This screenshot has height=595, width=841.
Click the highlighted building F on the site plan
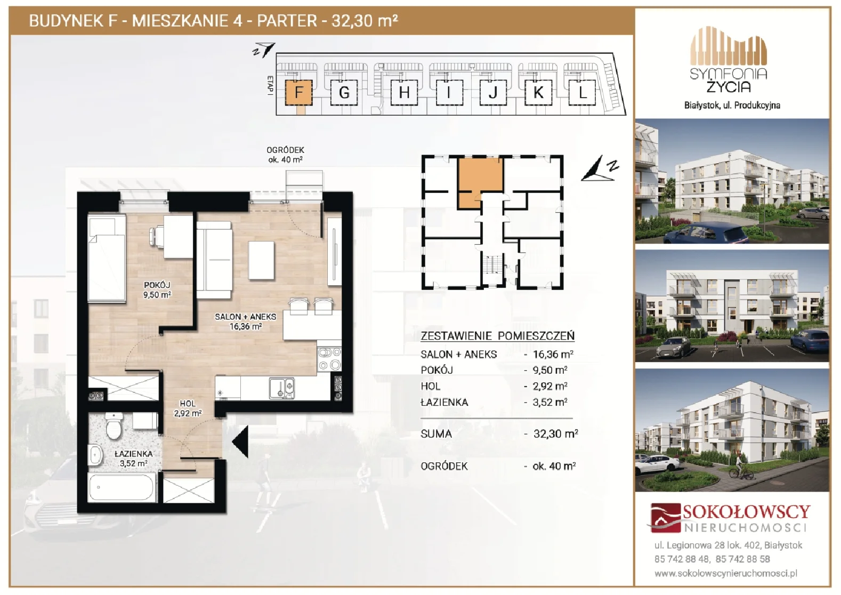coord(298,92)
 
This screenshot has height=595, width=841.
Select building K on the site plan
coord(538,92)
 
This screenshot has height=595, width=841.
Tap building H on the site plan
coord(404,92)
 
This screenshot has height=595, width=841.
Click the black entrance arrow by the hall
coord(240,442)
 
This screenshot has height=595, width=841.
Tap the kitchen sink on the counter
coord(281,389)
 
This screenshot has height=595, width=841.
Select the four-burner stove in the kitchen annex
coord(330,359)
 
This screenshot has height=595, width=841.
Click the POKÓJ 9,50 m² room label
coord(157,290)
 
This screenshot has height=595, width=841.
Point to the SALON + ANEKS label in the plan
coord(246,317)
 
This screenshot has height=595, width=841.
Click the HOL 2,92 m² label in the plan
coord(188,408)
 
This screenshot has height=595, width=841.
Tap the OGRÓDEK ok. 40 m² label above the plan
coord(285,155)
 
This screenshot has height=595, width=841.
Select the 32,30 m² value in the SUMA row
coord(556,434)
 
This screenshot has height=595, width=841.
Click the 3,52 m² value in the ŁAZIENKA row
coord(550,403)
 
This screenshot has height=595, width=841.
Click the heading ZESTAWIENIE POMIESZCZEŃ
coord(497,336)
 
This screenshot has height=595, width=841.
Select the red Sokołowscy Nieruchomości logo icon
coord(665,518)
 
